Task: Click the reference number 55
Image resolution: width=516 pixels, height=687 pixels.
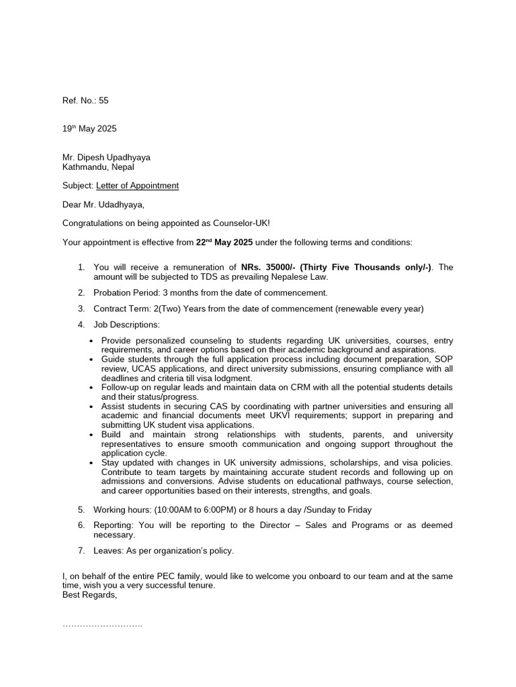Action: tap(103, 101)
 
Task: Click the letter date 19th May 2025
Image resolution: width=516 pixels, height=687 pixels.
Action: tap(89, 129)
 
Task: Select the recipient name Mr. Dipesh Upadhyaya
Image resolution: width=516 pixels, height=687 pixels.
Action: tap(106, 158)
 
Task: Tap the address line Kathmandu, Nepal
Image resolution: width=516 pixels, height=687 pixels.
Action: tap(98, 167)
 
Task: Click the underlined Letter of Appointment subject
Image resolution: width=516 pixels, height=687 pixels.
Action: tap(137, 186)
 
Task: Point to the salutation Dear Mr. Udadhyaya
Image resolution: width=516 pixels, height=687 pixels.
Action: tap(103, 205)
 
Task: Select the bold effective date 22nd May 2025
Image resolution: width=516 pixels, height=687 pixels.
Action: tap(224, 242)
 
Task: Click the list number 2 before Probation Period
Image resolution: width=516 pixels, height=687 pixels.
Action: tap(81, 293)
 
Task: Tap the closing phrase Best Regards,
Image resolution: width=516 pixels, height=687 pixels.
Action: tap(89, 595)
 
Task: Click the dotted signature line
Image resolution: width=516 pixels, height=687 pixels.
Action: tap(102, 625)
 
